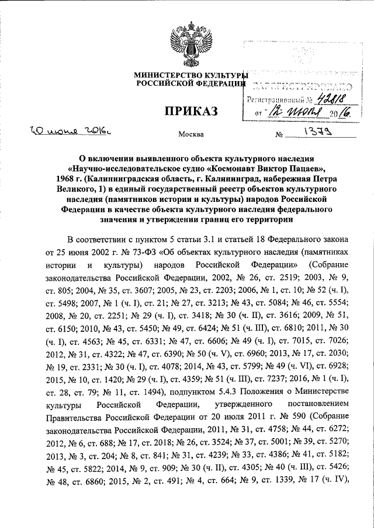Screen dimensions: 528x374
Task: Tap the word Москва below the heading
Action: [191, 135]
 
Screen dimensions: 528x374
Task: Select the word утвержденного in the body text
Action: [230, 403]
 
